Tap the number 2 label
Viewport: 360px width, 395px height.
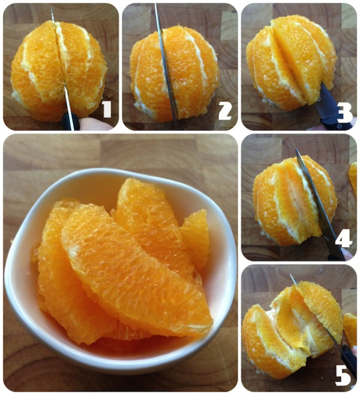(x=225, y=111)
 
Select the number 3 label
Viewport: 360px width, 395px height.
(x=344, y=113)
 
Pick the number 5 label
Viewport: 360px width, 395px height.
(x=343, y=376)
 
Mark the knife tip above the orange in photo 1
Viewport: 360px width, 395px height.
(x=51, y=7)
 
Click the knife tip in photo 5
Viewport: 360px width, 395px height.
(x=290, y=275)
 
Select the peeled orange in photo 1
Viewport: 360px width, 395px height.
(x=59, y=71)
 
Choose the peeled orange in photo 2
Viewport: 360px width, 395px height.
(x=174, y=73)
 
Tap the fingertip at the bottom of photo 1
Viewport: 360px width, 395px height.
(x=95, y=124)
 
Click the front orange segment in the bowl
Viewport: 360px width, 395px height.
(x=136, y=272)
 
